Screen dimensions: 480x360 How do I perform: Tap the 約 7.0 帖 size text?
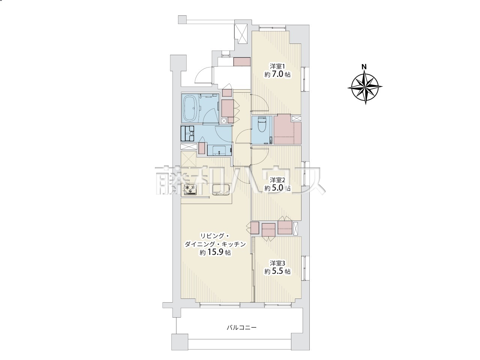(277, 74)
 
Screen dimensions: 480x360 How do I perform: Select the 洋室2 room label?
(277, 180)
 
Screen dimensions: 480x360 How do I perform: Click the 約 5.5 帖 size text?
(277, 271)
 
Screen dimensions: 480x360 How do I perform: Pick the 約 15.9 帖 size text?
(215, 253)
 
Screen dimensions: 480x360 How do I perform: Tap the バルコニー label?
(241, 334)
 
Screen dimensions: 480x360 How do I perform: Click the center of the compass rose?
(365, 87)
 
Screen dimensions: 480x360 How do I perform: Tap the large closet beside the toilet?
(287, 129)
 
